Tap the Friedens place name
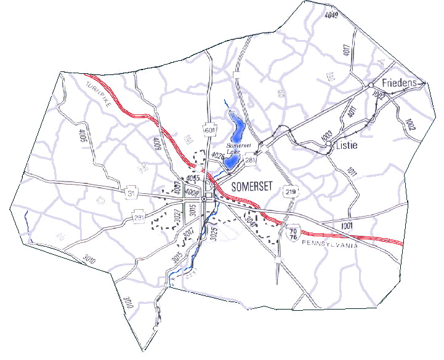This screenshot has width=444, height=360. click(400, 82)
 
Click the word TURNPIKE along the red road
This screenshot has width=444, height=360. click(99, 94)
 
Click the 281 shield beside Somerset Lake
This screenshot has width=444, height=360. click(250, 161)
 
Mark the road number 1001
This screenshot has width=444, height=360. click(346, 226)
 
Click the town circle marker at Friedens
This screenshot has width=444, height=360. click(371, 84)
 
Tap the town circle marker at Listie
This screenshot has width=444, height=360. click(330, 146)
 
